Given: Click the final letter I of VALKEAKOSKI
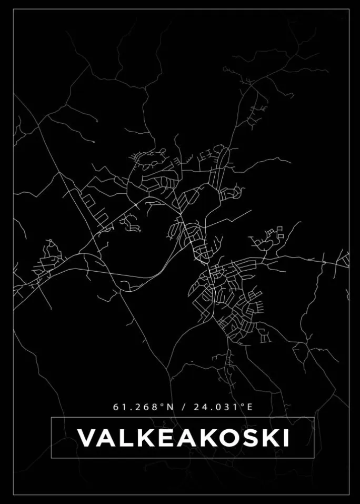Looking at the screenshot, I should pyautogui.click(x=285, y=438).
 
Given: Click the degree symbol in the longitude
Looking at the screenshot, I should pyautogui.click(x=243, y=404).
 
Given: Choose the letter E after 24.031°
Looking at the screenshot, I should pyautogui.click(x=249, y=407).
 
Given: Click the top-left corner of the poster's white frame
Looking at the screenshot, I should pyautogui.click(x=13, y=9).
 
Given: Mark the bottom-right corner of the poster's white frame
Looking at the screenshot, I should pyautogui.click(x=349, y=495).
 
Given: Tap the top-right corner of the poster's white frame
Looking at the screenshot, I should pyautogui.click(x=349, y=9).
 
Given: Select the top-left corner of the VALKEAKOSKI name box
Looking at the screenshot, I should pyautogui.click(x=51, y=418).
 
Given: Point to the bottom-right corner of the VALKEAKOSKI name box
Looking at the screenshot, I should pyautogui.click(x=314, y=458).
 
